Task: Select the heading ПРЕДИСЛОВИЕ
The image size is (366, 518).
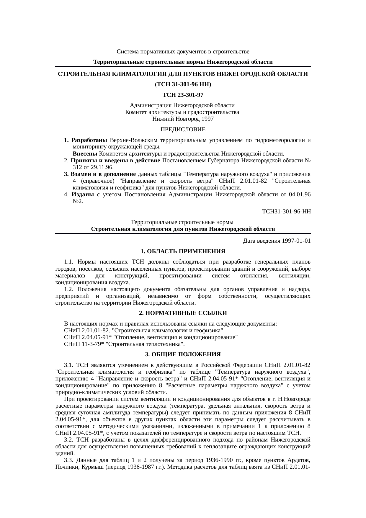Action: (x=183, y=130)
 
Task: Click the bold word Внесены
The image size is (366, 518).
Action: (x=85, y=154)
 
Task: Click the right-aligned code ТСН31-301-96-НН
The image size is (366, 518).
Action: (x=286, y=212)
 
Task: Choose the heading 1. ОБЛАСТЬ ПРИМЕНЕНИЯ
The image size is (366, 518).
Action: (x=183, y=251)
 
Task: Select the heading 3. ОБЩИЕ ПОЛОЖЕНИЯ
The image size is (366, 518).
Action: (x=183, y=354)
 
